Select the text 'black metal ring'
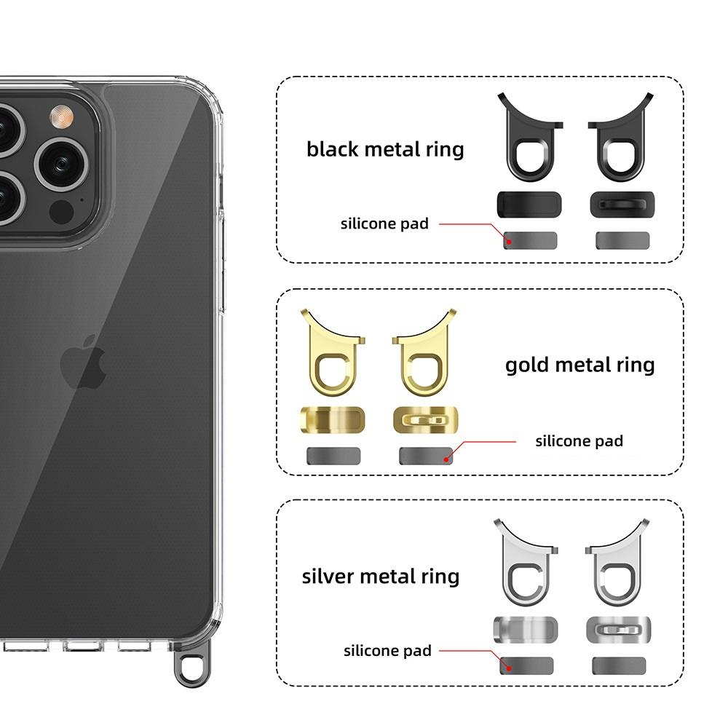click(385, 149)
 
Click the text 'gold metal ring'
click(579, 364)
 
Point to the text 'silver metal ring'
click(381, 576)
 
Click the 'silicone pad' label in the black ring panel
click(384, 223)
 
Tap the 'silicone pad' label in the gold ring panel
click(579, 440)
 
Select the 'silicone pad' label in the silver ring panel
click(387, 650)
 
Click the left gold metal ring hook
click(333, 356)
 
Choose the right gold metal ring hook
click(423, 356)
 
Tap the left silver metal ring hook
click(524, 566)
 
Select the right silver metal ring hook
click(617, 566)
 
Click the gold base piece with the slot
click(425, 420)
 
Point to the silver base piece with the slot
click(618, 629)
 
